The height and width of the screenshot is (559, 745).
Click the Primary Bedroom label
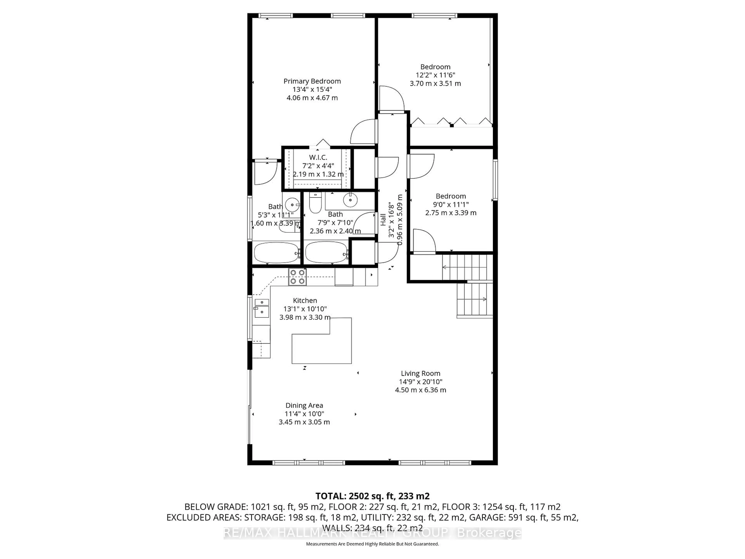pos(312,81)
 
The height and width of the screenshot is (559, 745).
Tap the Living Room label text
pos(420,373)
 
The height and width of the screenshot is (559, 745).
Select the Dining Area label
pos(304,405)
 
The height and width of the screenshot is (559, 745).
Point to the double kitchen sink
pos(262,308)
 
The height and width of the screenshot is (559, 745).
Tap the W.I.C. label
pos(318,157)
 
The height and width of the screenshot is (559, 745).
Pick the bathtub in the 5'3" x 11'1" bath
pos(276,253)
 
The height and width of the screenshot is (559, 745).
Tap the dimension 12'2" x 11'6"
pos(435,75)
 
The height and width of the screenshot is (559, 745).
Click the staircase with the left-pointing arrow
pos(465,267)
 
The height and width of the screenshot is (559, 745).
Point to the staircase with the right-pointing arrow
pos(474,299)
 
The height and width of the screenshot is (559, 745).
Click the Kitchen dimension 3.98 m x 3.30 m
pos(304,317)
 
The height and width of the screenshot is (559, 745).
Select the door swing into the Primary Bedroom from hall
pos(363,132)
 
